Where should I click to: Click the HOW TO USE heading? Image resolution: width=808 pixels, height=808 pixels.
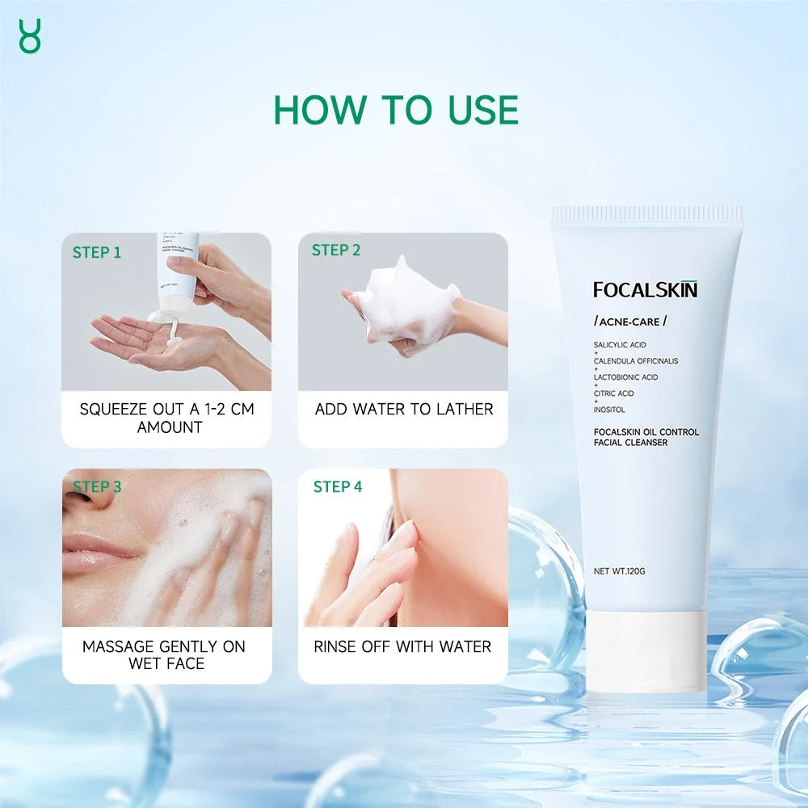pos(396,109)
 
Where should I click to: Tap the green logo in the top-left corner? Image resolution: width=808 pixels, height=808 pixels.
pos(29,36)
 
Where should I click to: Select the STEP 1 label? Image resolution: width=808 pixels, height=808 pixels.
pos(97,252)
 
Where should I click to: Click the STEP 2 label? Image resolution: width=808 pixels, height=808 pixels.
pos(336,250)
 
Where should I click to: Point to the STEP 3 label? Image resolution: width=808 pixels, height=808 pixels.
pos(97,486)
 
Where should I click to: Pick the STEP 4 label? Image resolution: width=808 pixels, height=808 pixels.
pos(338,486)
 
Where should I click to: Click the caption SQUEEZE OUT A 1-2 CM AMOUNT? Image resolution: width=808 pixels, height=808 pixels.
pos(167,418)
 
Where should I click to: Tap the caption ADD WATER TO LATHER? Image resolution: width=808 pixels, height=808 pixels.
pos(403,409)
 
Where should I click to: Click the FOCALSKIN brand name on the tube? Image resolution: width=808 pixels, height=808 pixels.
pos(645,289)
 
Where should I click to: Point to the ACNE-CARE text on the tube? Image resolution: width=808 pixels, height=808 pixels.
pos(630,321)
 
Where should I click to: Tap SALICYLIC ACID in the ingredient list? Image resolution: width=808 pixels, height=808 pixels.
pos(620,345)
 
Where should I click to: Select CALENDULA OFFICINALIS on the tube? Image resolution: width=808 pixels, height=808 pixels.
pos(636,361)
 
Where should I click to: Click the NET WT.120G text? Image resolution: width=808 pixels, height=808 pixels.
pos(619,571)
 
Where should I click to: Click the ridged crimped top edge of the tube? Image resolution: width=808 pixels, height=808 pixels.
pos(646,214)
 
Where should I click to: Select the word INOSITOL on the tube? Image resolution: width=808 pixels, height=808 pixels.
pos(609,410)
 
